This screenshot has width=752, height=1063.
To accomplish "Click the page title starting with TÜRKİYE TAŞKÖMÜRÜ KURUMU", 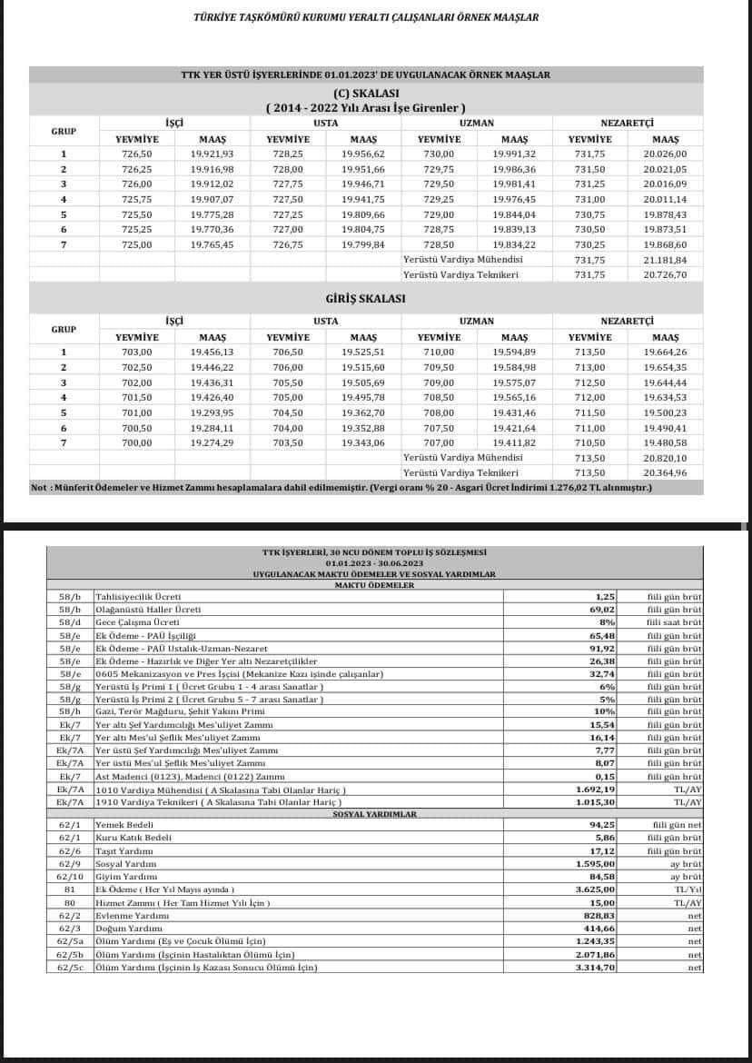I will [x=366, y=17].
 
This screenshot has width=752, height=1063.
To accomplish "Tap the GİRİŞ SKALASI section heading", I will [x=365, y=298].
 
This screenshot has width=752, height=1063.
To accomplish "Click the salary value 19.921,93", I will [x=213, y=154].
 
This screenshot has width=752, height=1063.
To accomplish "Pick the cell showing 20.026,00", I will [x=666, y=154].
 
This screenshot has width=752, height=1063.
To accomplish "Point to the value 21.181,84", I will [x=666, y=259].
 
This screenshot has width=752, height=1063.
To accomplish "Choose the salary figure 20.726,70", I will [x=666, y=273].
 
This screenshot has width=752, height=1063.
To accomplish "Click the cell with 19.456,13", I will [x=213, y=352].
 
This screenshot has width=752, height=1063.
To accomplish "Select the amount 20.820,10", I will [x=666, y=458].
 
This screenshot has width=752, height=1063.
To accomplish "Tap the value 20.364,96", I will [x=666, y=472].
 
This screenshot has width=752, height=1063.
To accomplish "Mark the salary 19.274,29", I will [x=213, y=442].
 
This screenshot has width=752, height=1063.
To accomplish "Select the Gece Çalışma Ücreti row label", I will [x=137, y=621].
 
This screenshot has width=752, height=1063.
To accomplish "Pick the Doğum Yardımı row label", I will [x=126, y=929].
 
